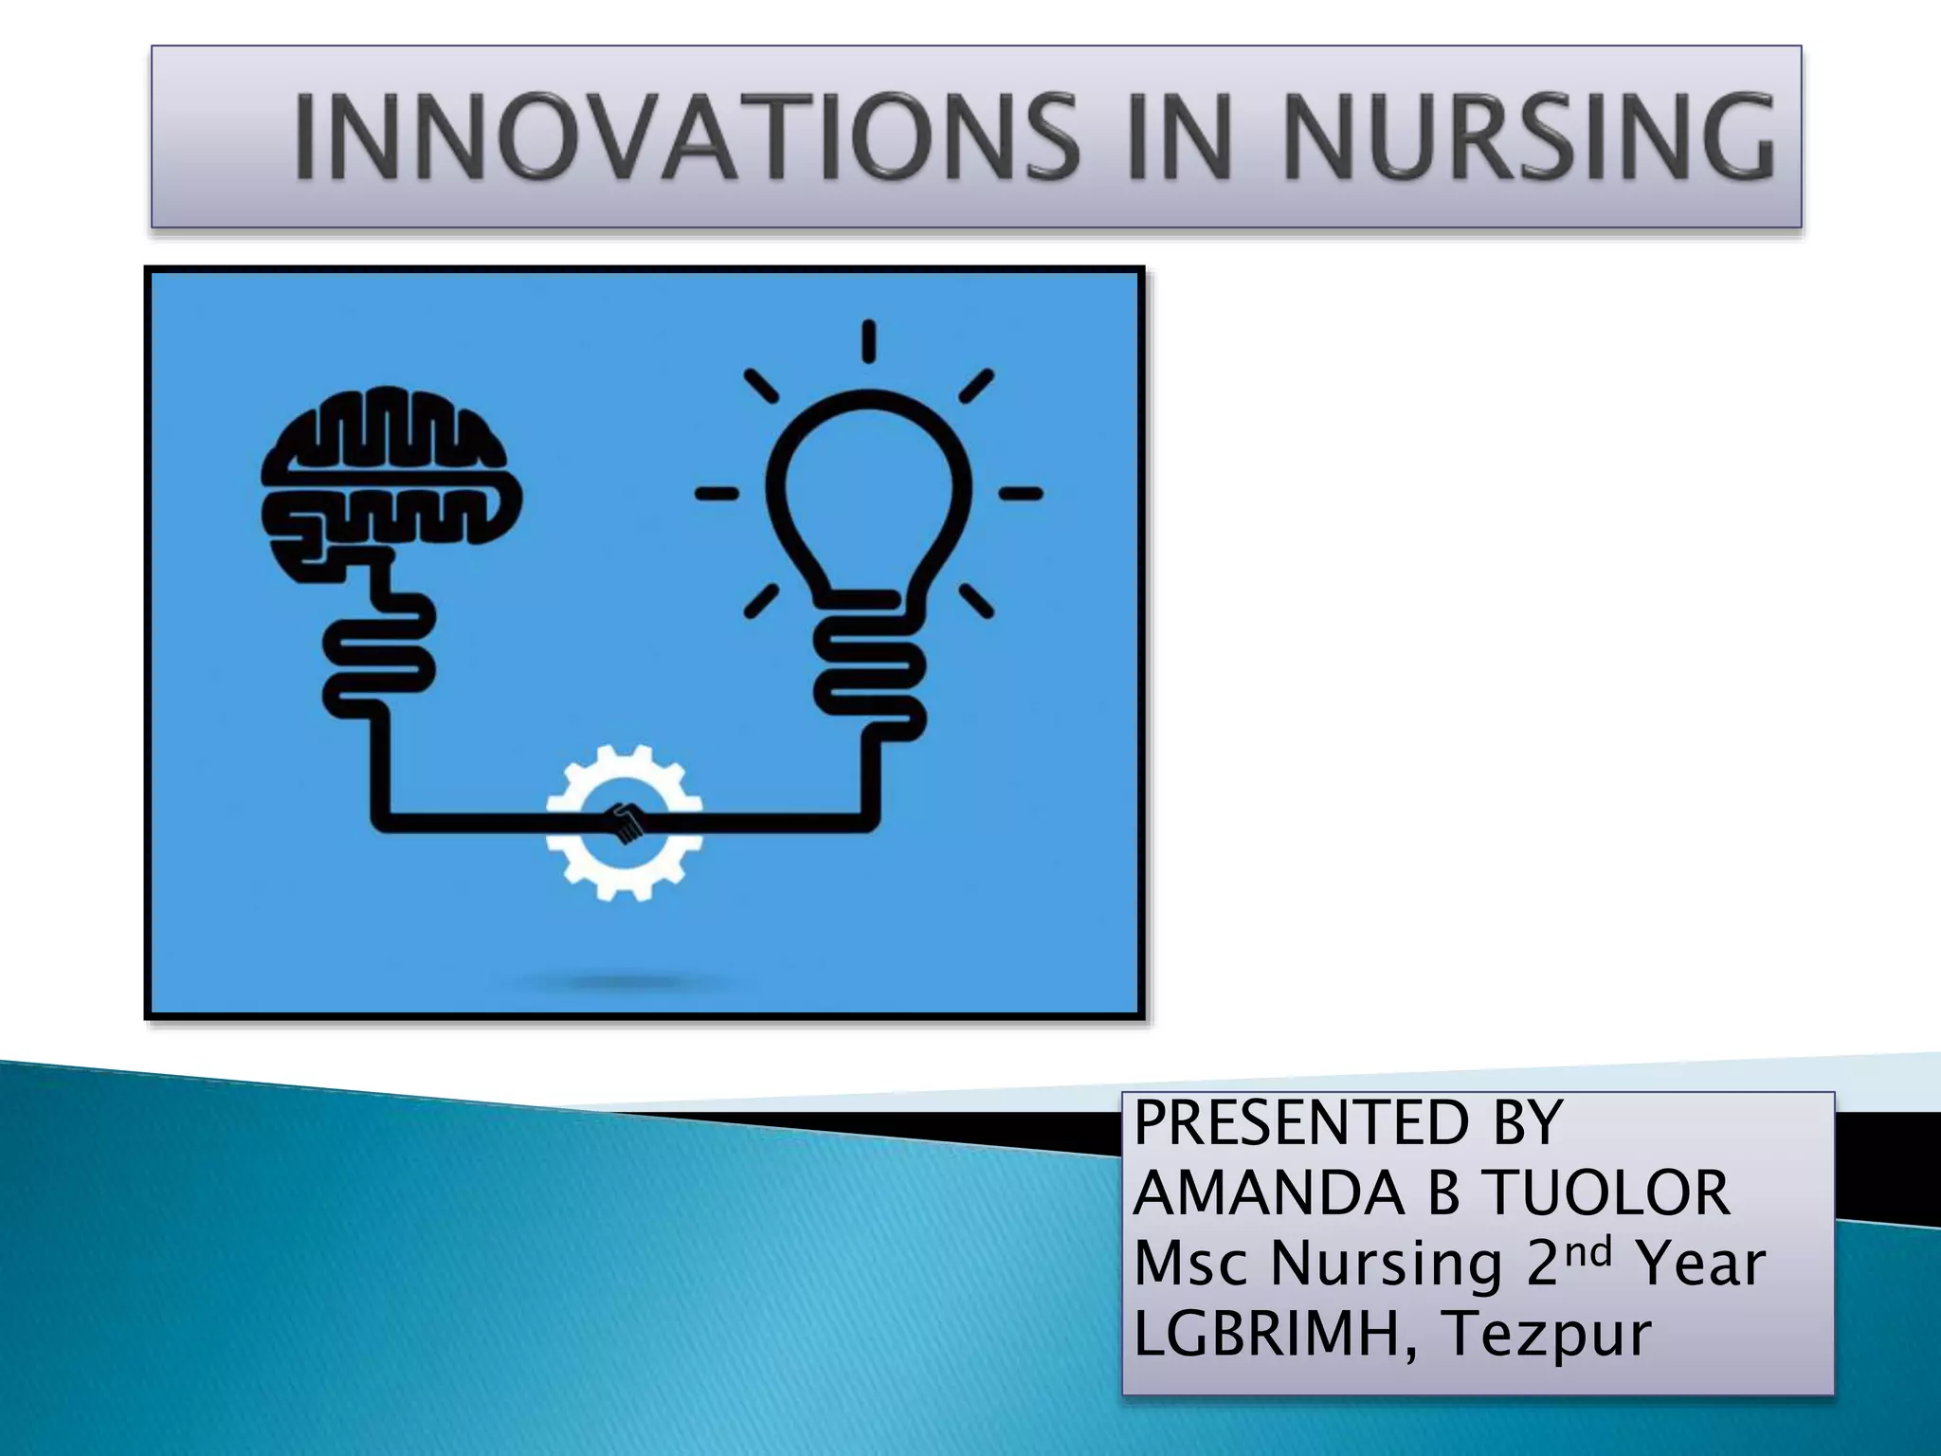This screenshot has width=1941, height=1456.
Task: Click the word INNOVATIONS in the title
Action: tap(684, 136)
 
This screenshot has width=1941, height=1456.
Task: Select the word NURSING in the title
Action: tap(1528, 136)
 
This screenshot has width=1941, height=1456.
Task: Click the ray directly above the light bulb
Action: tap(868, 341)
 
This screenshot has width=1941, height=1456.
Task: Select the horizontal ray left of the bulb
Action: tap(717, 493)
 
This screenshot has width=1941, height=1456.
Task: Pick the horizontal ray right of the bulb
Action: tap(1021, 493)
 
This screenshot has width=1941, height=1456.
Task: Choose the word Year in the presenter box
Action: tap(1701, 1264)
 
